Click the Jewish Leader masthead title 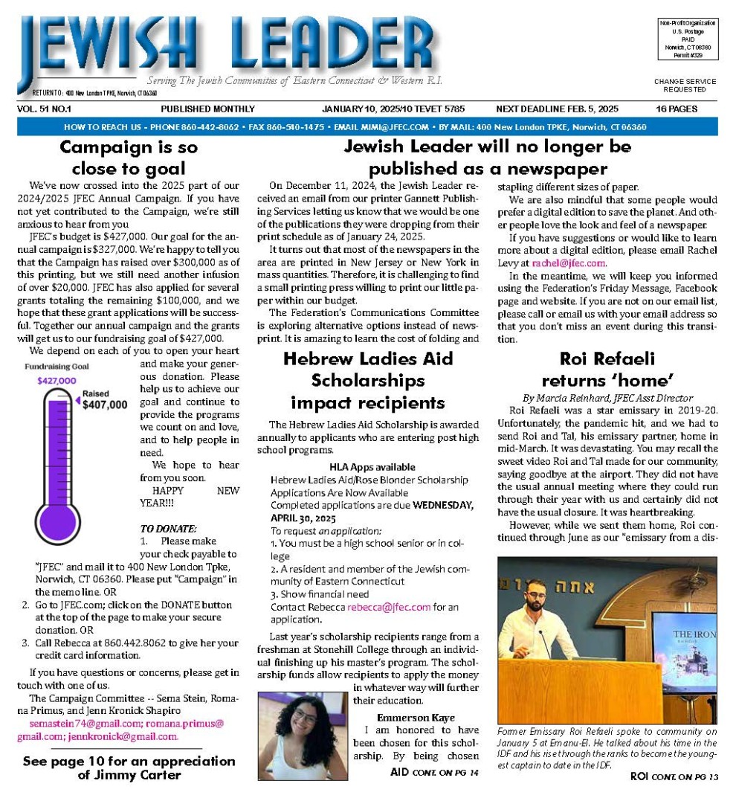tap(227, 46)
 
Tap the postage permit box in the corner tap(686, 39)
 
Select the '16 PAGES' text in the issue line tap(676, 109)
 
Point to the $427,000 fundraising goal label tap(57, 381)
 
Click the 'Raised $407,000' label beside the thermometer tap(104, 400)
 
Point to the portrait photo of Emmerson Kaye tap(303, 735)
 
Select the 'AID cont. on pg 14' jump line tap(434, 772)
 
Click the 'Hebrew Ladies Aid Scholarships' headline tap(368, 380)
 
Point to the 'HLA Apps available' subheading tap(372, 466)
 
